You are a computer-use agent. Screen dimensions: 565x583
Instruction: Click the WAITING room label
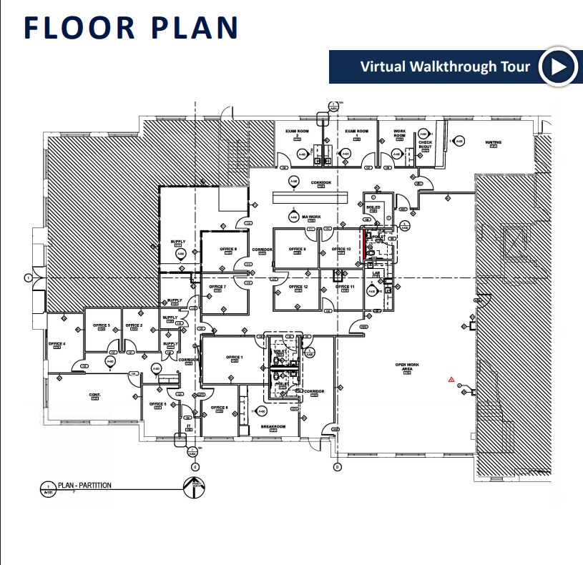(x=494, y=142)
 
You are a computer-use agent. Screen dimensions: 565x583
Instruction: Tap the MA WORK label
(x=310, y=217)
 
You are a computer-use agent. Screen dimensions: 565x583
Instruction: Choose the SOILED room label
(x=373, y=207)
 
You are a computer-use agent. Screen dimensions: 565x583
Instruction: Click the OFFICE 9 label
(x=297, y=249)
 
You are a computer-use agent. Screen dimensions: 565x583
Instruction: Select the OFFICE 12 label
(x=298, y=287)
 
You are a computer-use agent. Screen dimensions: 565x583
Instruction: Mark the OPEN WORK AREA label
(x=408, y=366)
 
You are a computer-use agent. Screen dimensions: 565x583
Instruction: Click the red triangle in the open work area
(x=451, y=379)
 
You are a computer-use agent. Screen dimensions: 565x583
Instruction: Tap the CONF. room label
(x=94, y=395)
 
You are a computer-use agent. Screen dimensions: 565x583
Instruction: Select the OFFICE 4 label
(x=57, y=344)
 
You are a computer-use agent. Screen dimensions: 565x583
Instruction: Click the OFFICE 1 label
(x=235, y=357)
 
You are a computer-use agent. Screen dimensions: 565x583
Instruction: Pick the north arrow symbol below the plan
(x=191, y=486)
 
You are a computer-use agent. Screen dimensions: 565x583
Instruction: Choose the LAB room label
(x=376, y=274)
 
